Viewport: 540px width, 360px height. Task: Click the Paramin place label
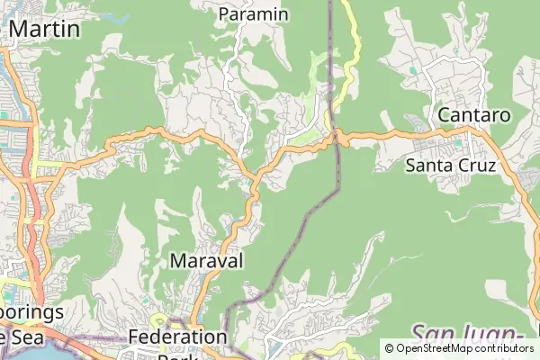[254, 14]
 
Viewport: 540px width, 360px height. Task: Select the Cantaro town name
[473, 115]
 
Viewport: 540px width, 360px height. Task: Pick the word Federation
[177, 337]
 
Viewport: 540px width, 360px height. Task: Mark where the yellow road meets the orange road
[337, 137]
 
